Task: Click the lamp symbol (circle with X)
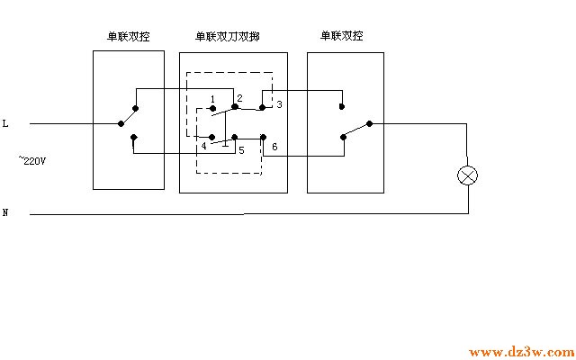[468, 175]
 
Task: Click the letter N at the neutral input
[5, 213]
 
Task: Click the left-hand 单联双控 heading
[129, 37]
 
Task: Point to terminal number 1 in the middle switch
[211, 97]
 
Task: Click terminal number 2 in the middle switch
[239, 97]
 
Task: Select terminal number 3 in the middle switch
[279, 104]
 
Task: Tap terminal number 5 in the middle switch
[240, 150]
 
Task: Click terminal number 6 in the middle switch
[274, 146]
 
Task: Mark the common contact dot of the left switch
[121, 123]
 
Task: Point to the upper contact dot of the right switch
[342, 106]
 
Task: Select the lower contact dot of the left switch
[133, 138]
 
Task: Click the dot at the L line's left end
[31, 123]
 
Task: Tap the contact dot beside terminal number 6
[262, 137]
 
